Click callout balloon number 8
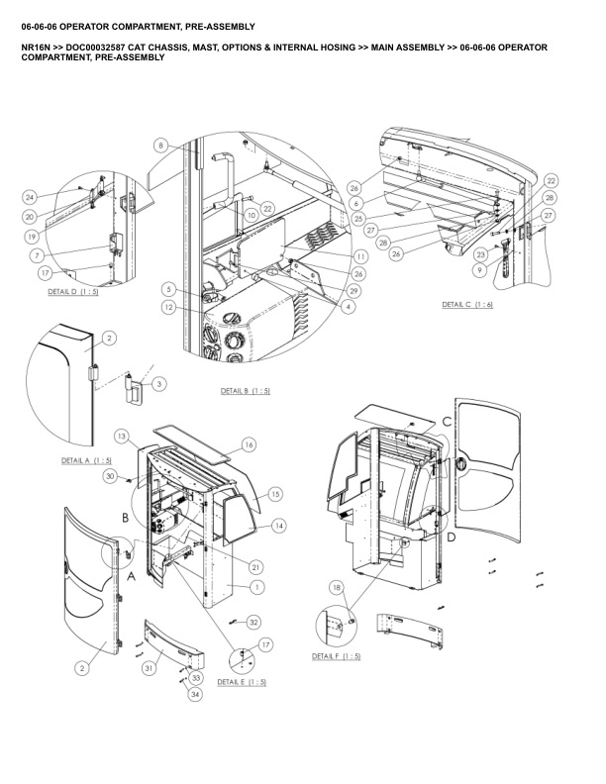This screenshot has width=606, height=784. (161, 146)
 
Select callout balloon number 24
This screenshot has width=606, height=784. (30, 196)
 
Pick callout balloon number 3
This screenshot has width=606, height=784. (159, 382)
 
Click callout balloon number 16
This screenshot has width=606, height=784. (249, 444)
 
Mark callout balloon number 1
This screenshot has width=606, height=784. (257, 587)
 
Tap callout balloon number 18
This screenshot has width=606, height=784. (337, 588)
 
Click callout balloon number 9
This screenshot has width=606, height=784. (481, 269)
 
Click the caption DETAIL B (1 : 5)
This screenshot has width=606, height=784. (245, 391)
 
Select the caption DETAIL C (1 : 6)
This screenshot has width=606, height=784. (467, 305)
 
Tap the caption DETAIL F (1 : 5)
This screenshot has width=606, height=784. (337, 657)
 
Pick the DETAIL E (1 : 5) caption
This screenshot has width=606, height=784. (242, 682)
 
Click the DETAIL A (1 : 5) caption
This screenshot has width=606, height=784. (86, 460)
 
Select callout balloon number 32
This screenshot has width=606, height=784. (253, 622)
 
